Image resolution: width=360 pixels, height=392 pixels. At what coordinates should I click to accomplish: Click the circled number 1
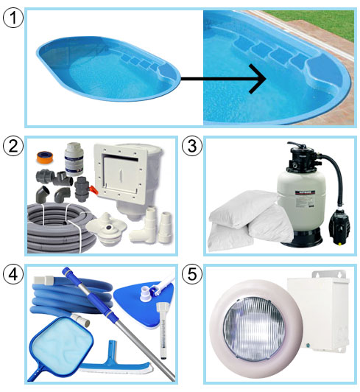13,18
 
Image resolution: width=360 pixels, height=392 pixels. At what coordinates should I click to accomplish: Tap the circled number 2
13,146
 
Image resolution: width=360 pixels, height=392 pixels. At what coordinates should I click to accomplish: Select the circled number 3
192,146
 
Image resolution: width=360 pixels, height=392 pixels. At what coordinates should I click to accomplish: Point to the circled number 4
13,274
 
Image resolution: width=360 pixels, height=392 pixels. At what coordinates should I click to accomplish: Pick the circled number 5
192,274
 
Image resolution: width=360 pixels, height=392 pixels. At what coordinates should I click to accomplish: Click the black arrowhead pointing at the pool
258,79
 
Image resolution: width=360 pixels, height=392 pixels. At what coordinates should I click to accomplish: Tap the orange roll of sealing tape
45,158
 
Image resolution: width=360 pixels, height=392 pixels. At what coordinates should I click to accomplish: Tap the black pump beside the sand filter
339,224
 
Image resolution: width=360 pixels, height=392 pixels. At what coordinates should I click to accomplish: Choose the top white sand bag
244,208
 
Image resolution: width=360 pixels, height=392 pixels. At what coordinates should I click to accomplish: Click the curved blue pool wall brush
115,363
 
